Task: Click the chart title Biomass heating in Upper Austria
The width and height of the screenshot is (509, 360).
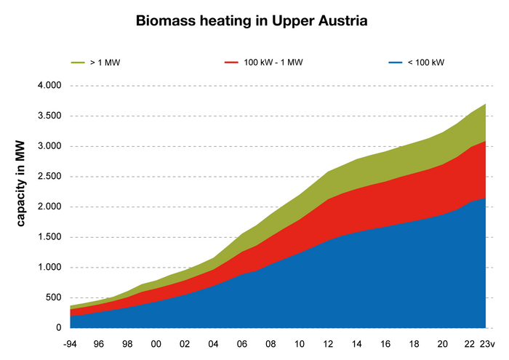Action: coord(252,21)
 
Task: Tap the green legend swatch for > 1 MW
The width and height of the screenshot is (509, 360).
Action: coord(79,63)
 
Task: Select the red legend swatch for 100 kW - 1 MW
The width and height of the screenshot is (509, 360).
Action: coord(231,63)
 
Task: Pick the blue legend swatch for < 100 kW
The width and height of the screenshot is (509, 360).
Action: coord(393,63)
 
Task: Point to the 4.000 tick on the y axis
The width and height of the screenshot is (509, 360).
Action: coord(50,86)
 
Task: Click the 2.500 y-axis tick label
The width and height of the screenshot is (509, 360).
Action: coord(50,177)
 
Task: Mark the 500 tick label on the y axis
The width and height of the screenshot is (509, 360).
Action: coord(54,297)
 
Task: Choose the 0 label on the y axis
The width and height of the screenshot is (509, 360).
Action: coord(59,328)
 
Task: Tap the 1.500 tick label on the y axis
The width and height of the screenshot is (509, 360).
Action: coord(50,237)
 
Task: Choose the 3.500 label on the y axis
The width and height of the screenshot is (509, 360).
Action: coord(50,116)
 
